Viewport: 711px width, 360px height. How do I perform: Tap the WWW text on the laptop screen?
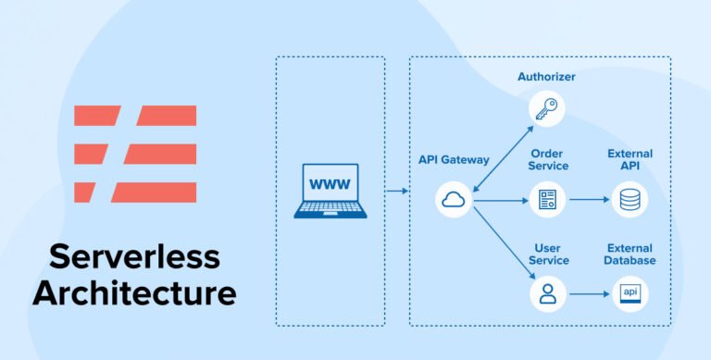[330, 182]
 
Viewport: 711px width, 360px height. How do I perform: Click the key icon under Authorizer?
[546, 109]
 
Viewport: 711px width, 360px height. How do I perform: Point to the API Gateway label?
[454, 160]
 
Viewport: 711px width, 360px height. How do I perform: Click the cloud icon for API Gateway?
[455, 200]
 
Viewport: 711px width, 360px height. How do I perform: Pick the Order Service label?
[548, 159]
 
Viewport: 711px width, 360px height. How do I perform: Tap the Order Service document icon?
[546, 200]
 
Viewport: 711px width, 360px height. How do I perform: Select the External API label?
[630, 159]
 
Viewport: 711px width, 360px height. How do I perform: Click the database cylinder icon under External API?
[630, 200]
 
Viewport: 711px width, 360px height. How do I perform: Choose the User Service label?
[548, 254]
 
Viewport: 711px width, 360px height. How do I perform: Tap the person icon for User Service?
[546, 294]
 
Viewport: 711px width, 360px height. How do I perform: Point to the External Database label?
[630, 254]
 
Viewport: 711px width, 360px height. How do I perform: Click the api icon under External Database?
[630, 294]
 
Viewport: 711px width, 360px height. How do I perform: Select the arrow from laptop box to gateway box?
[397, 192]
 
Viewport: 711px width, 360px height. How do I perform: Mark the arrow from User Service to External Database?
[588, 294]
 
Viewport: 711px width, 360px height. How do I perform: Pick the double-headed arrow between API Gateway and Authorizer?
[501, 154]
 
